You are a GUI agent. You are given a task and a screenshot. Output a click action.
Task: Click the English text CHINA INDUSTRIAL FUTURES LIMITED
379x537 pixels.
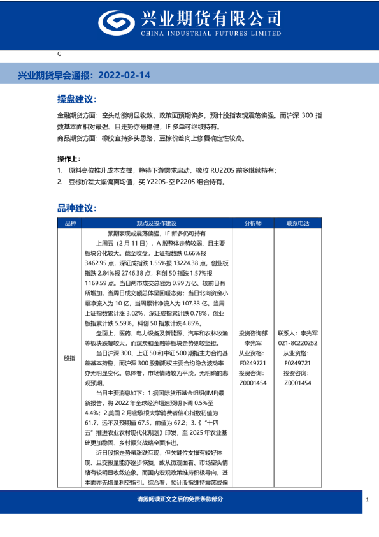[215, 34]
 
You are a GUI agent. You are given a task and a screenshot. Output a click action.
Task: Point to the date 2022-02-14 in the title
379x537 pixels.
[127, 75]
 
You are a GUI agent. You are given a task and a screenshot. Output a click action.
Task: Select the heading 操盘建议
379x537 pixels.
[76, 100]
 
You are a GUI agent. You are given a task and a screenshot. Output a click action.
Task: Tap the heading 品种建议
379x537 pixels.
[76, 209]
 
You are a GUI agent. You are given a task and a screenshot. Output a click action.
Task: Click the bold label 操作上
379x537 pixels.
[69, 159]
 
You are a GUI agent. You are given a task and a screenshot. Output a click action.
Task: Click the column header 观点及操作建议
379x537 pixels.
[156, 224]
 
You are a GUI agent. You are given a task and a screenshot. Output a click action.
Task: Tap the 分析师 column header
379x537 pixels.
[252, 224]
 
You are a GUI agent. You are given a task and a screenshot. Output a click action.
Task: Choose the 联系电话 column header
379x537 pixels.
[297, 224]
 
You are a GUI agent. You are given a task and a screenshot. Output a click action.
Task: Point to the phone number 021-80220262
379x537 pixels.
[297, 343]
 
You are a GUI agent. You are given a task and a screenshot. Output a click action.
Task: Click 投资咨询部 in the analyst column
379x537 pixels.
[252, 334]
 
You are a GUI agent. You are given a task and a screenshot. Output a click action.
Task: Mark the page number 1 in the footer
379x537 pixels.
[368, 499]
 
